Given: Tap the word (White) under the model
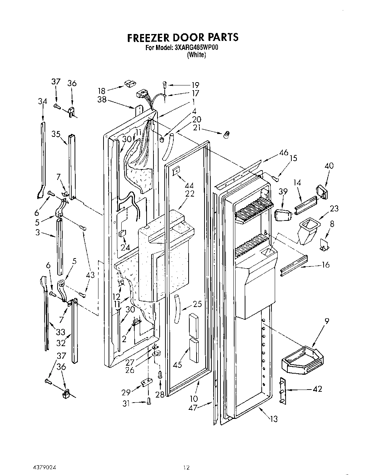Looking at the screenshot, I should click(196, 55).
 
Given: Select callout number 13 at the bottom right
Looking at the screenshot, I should click(274, 419).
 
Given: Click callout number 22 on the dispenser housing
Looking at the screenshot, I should click(189, 194).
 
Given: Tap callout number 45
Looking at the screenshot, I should click(177, 365).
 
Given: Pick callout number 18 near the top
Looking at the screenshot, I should click(102, 91).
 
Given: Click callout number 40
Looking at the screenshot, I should click(329, 166).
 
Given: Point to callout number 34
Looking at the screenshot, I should click(43, 101).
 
